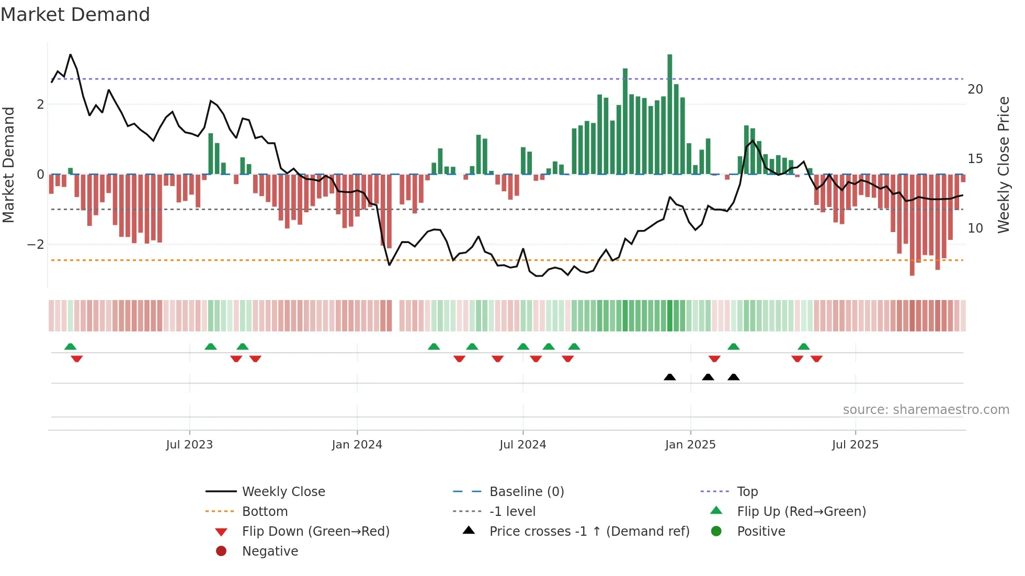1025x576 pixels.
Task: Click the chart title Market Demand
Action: [75, 15]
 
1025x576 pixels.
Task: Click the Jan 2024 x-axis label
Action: [357, 445]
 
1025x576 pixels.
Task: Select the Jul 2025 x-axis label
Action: [855, 445]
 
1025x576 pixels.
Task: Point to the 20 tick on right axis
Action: [975, 89]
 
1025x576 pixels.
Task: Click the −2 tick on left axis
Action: [36, 245]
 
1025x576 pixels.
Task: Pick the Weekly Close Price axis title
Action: [1003, 165]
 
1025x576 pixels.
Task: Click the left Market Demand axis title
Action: [9, 165]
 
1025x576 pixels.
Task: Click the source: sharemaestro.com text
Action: [926, 410]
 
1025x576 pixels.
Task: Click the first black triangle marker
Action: [669, 377]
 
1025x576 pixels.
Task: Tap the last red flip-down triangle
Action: [816, 359]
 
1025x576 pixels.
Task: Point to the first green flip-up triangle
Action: [71, 347]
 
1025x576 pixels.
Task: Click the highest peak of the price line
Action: [71, 55]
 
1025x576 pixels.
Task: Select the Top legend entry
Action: [747, 492]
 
